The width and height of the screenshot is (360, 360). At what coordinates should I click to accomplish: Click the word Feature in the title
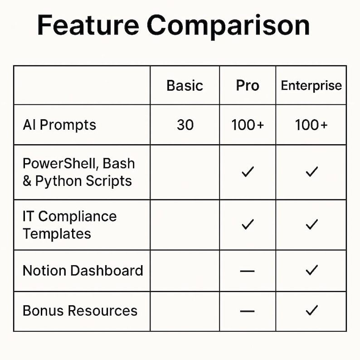tap(88, 25)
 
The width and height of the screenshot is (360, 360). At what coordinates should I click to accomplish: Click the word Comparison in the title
tap(229, 26)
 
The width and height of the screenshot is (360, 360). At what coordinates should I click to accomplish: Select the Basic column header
tap(185, 85)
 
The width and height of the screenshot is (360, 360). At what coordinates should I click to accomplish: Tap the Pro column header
tap(248, 85)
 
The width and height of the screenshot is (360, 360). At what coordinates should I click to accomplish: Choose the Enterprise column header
tap(311, 85)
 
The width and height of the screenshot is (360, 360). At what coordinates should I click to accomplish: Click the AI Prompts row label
tap(59, 125)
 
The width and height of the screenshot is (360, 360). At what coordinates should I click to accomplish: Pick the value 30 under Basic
tap(185, 125)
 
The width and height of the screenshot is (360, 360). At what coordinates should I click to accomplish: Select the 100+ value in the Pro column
tap(248, 125)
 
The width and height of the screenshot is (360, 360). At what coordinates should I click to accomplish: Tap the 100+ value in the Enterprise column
tap(311, 125)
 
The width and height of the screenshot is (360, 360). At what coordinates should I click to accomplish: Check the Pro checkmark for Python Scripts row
tap(248, 172)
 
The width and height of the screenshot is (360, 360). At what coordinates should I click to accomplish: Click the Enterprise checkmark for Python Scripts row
tap(311, 172)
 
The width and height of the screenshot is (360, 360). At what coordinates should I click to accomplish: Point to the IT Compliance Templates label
tap(69, 225)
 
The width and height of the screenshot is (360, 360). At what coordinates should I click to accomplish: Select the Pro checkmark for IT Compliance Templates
tap(248, 224)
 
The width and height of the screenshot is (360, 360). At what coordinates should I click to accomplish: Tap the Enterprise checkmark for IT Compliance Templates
tap(311, 224)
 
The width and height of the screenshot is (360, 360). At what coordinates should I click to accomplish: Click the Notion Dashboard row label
tap(83, 271)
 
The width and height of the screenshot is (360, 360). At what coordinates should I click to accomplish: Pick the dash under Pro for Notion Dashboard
tap(248, 271)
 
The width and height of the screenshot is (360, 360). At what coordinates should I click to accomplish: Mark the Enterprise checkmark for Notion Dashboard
tap(311, 270)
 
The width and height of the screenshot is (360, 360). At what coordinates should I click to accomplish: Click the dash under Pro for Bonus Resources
tap(248, 311)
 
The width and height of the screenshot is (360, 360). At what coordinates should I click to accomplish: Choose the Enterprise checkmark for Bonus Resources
tap(311, 311)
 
